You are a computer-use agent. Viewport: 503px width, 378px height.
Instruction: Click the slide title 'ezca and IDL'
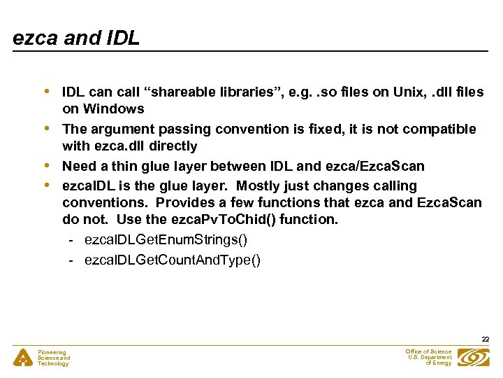[x=76, y=38]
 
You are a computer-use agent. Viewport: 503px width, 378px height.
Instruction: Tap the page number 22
[x=485, y=339]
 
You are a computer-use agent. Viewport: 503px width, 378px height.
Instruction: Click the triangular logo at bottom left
[x=24, y=358]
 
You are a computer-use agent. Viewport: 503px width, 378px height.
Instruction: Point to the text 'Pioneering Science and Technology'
[x=54, y=358]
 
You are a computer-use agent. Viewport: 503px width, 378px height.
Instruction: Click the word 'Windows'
[x=113, y=108]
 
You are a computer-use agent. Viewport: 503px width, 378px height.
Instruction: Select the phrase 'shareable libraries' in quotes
[x=208, y=92]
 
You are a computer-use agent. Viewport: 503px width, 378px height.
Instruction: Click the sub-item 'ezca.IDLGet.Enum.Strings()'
[x=166, y=239]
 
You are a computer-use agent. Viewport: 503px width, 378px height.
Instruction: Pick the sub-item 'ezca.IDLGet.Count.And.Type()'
[x=173, y=260]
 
